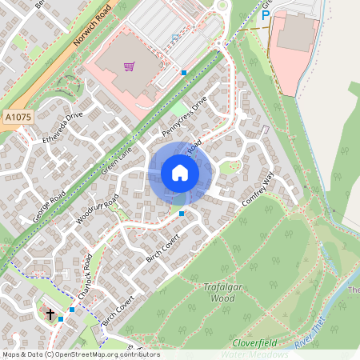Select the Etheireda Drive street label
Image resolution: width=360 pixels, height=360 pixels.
click(63, 126)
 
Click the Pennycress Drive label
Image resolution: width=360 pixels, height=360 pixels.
click(184, 116)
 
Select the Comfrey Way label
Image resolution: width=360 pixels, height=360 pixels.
click(258, 194)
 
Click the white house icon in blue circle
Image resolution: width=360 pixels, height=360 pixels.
click(180, 173)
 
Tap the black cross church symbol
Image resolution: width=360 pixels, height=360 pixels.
click(50, 314)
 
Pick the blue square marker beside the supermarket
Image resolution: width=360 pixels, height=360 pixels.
click(184, 73)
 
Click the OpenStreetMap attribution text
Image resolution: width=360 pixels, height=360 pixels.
click(80, 354)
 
